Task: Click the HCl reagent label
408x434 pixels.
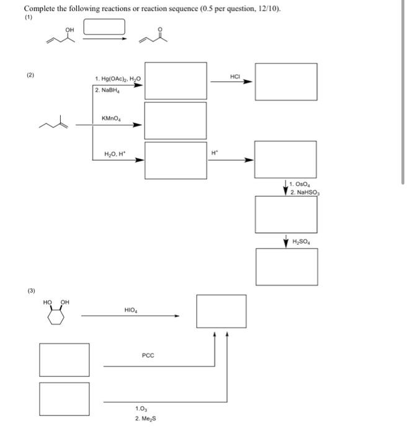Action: [x=235, y=76]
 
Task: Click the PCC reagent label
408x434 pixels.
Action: [x=148, y=355]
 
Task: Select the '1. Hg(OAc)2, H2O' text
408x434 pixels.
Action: [x=118, y=79]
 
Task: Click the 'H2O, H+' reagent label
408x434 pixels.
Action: [x=115, y=153]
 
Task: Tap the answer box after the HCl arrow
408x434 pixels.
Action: [x=286, y=81]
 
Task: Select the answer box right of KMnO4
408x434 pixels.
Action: [x=175, y=120]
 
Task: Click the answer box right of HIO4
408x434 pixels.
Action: [x=221, y=311]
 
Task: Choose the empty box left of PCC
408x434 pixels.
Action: [x=64, y=360]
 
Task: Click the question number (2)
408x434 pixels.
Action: [x=30, y=75]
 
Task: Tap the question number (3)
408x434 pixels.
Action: [x=30, y=290]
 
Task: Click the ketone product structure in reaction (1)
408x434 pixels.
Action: [x=157, y=39]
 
